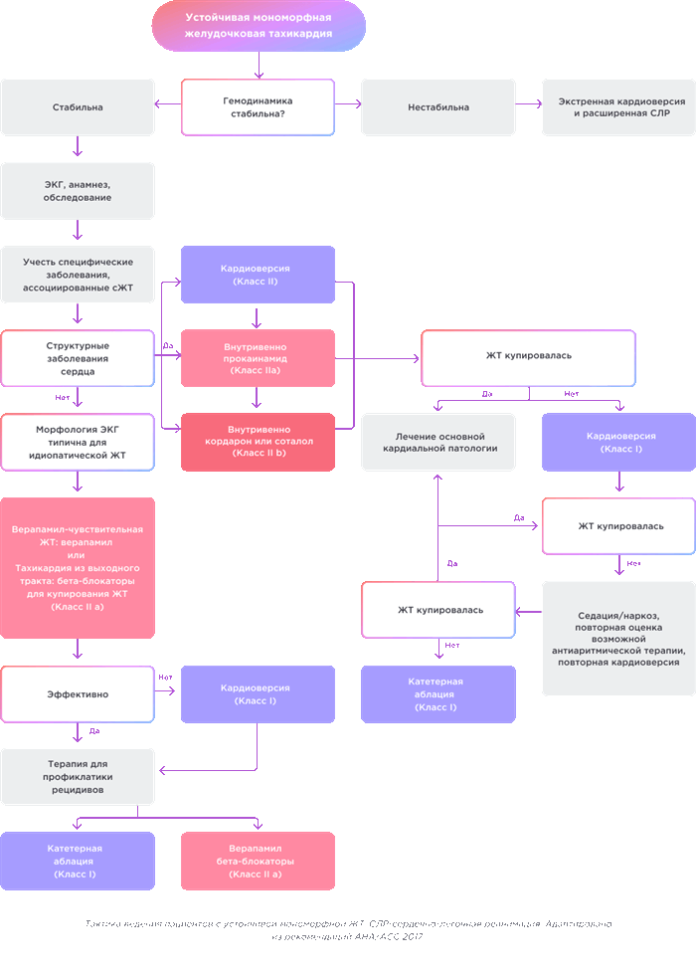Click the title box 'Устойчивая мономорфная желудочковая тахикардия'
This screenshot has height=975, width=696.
259,26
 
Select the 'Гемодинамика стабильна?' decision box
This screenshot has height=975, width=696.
258,107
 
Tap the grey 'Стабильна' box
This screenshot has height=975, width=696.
78,107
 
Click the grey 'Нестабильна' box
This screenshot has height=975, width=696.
438,107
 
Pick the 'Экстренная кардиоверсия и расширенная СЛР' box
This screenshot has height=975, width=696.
618,107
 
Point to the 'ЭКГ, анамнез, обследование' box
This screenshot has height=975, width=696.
78,191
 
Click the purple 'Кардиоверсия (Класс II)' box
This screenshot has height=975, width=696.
258,276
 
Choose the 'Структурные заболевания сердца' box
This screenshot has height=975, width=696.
78,358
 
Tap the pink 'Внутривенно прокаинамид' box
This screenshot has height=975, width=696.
258,358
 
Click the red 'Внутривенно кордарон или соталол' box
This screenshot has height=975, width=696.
258,441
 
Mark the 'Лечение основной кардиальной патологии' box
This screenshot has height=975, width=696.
438,442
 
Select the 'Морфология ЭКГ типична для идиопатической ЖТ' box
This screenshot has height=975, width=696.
78,442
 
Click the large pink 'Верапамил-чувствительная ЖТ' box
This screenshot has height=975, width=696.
78,567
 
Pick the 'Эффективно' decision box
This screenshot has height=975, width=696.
78,694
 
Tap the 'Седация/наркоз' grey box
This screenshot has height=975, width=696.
618,639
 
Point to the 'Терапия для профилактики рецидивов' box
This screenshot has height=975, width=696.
78,776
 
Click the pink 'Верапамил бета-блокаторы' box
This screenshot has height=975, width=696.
258,861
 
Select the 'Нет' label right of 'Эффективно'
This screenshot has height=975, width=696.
166,678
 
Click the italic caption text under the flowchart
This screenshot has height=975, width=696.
347,930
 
